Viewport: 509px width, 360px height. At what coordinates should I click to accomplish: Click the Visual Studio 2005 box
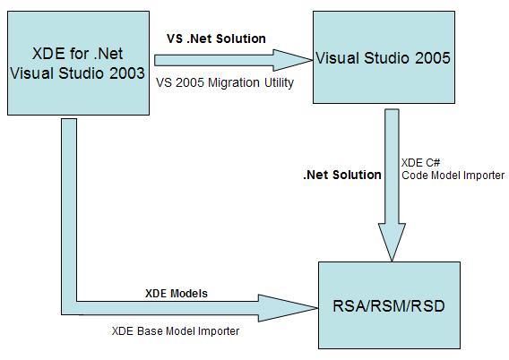[384, 57]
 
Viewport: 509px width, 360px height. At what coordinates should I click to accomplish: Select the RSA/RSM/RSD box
[389, 305]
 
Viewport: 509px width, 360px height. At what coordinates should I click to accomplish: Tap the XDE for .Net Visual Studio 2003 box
[78, 63]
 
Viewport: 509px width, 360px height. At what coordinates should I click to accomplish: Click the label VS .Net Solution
[216, 39]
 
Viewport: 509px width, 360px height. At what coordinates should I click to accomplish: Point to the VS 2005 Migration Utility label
[225, 82]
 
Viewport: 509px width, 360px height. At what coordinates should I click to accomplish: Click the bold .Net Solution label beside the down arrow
[342, 176]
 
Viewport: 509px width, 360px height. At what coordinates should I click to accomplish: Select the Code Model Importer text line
[453, 176]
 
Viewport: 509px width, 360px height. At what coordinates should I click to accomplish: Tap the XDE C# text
[420, 162]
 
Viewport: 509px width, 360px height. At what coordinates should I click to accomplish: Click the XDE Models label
[177, 294]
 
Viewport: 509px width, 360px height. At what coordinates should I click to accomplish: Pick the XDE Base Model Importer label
[176, 331]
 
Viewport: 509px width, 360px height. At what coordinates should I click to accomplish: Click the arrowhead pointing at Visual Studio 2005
[292, 60]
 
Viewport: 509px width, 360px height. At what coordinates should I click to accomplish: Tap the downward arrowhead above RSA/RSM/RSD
[392, 242]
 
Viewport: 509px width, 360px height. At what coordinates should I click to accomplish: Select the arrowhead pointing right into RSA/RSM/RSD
[288, 308]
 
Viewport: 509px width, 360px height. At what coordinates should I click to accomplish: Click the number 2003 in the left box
[127, 73]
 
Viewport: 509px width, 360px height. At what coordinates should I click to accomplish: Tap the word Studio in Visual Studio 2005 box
[386, 58]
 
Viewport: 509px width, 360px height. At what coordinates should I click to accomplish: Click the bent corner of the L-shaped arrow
[69, 308]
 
